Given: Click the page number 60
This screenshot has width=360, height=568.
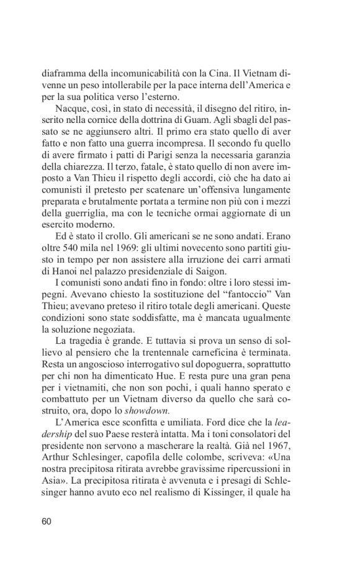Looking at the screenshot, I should (x=47, y=521).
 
